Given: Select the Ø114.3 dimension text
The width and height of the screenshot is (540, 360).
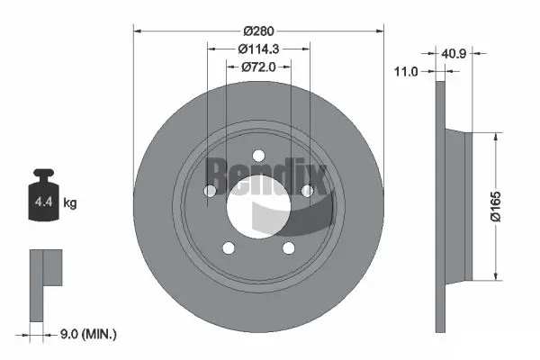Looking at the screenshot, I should tap(258, 49).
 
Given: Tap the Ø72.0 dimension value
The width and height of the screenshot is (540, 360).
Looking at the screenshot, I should tap(258, 67).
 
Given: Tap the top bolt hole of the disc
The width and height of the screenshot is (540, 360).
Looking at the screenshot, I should tap(258, 154).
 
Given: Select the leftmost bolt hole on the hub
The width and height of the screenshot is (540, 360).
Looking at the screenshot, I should tap(210, 190).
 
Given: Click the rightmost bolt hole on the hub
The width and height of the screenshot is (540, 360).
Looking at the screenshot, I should tap(307, 190).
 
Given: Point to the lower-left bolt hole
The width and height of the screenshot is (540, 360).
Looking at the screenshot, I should tap(229, 248).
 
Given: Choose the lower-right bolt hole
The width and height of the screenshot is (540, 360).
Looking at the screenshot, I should tap(288, 248).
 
